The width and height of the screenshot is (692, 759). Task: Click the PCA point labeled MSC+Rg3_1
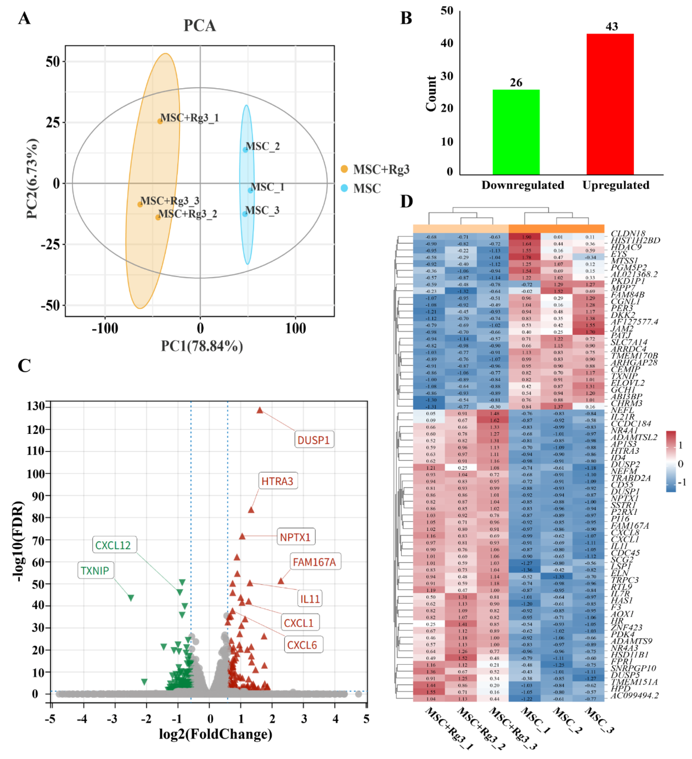[160, 121]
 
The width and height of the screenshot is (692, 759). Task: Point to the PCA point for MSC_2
[245, 150]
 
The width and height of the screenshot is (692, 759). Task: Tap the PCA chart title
[200, 26]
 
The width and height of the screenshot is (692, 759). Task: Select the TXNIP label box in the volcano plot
[95, 571]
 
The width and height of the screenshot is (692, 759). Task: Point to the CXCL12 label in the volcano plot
[113, 545]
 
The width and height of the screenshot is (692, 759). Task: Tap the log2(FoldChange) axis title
[215, 734]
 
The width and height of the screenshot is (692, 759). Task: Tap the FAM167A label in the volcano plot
[314, 562]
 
